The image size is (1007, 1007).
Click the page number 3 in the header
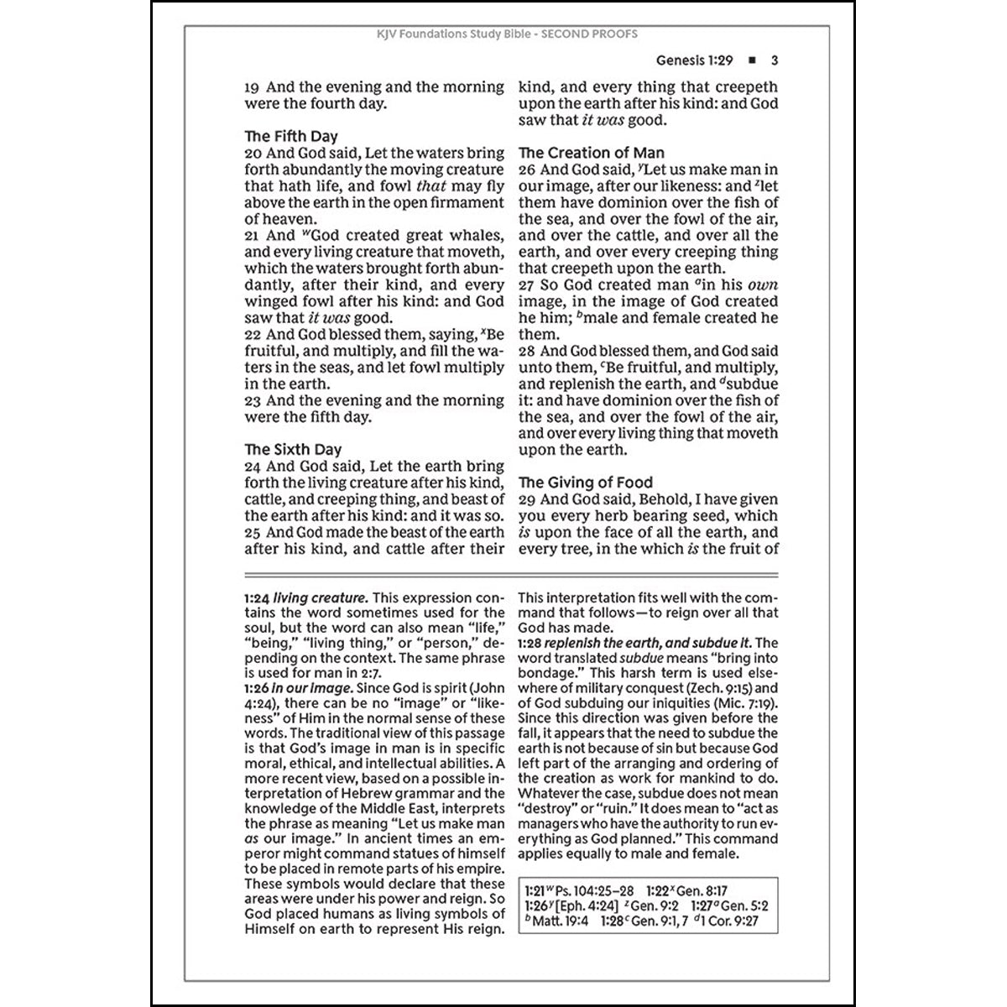(x=775, y=60)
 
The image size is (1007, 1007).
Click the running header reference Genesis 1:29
(x=694, y=60)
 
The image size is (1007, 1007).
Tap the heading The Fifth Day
(x=291, y=136)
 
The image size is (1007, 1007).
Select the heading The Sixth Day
(x=293, y=450)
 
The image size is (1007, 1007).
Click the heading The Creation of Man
(x=591, y=153)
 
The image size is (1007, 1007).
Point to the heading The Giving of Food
(x=585, y=483)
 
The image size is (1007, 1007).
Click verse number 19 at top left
(x=253, y=87)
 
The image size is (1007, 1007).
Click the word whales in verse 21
(x=476, y=236)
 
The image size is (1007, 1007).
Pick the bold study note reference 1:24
(x=257, y=598)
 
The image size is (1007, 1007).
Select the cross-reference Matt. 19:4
(x=565, y=921)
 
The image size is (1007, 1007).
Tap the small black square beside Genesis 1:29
(x=751, y=60)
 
